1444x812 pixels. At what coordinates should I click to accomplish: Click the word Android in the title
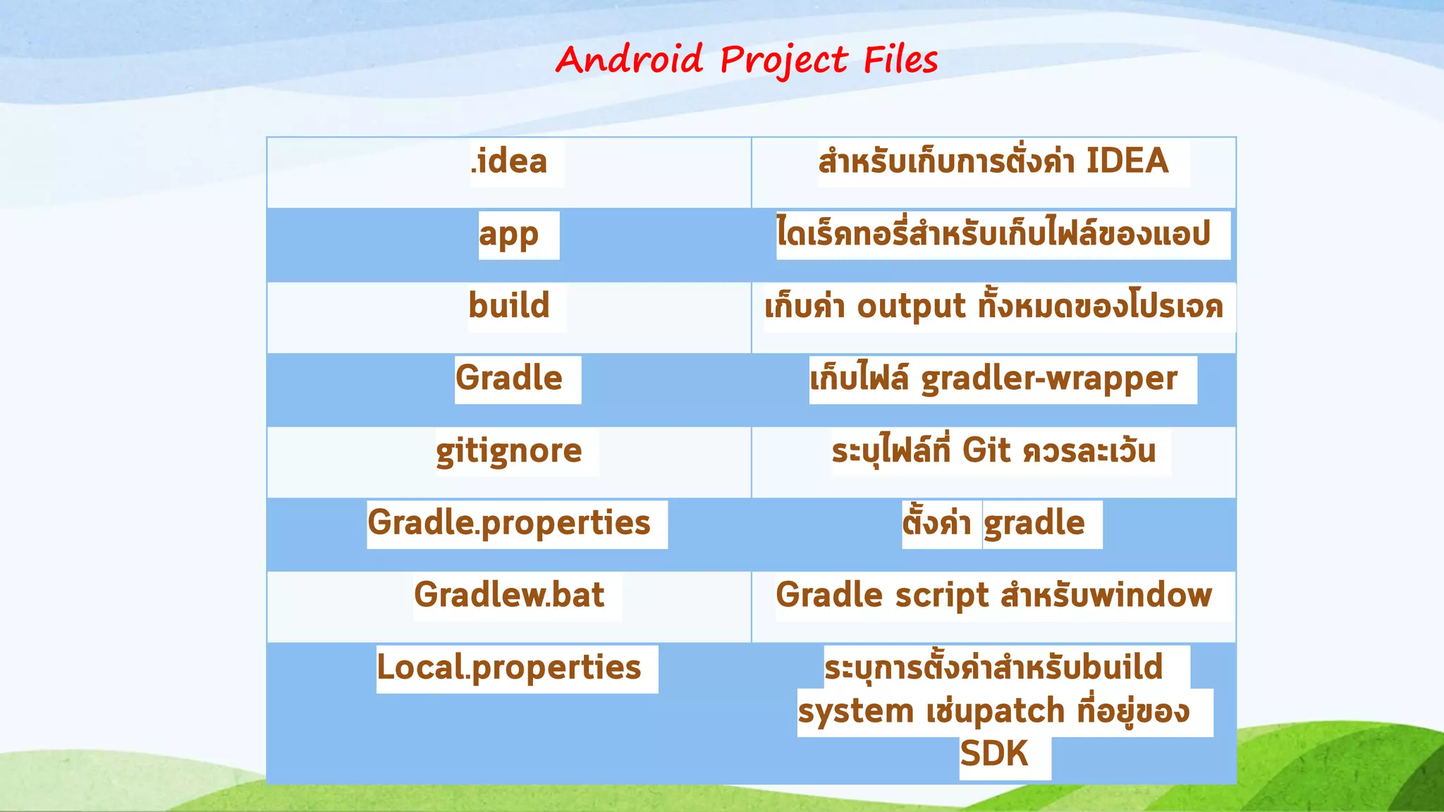point(629,59)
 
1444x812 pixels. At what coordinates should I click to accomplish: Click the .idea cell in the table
point(509,161)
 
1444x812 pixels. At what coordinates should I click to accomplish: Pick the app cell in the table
point(509,235)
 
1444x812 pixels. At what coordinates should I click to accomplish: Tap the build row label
point(509,306)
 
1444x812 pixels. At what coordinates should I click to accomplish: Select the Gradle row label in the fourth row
point(509,379)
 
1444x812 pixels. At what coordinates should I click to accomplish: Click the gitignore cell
point(509,451)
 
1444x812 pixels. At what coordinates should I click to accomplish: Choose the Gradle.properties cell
point(509,523)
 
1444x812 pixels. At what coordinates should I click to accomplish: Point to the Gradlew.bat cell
point(509,595)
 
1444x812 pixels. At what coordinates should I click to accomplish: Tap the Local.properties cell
point(509,668)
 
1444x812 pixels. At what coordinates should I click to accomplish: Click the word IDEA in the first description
point(1127,161)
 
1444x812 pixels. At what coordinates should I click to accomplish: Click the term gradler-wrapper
point(1049,379)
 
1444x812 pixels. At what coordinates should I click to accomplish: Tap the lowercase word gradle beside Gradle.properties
point(1034,524)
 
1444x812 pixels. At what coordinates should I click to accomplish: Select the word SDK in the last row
point(993,754)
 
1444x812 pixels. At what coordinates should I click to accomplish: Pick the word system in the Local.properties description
point(855,712)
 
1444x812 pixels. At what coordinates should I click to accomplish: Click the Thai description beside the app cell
point(993,234)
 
